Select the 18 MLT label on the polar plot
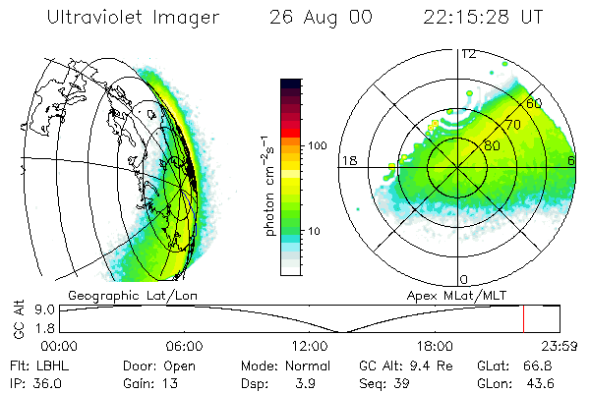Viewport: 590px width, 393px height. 348,160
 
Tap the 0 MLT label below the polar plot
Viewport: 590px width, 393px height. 463,280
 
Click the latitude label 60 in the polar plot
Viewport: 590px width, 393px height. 535,102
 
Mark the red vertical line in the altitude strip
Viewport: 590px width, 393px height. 523,319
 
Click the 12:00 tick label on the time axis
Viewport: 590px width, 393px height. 310,346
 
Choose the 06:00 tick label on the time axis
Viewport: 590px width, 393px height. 184,346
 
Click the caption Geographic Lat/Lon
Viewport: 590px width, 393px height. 120,294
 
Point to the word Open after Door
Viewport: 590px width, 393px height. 178,365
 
